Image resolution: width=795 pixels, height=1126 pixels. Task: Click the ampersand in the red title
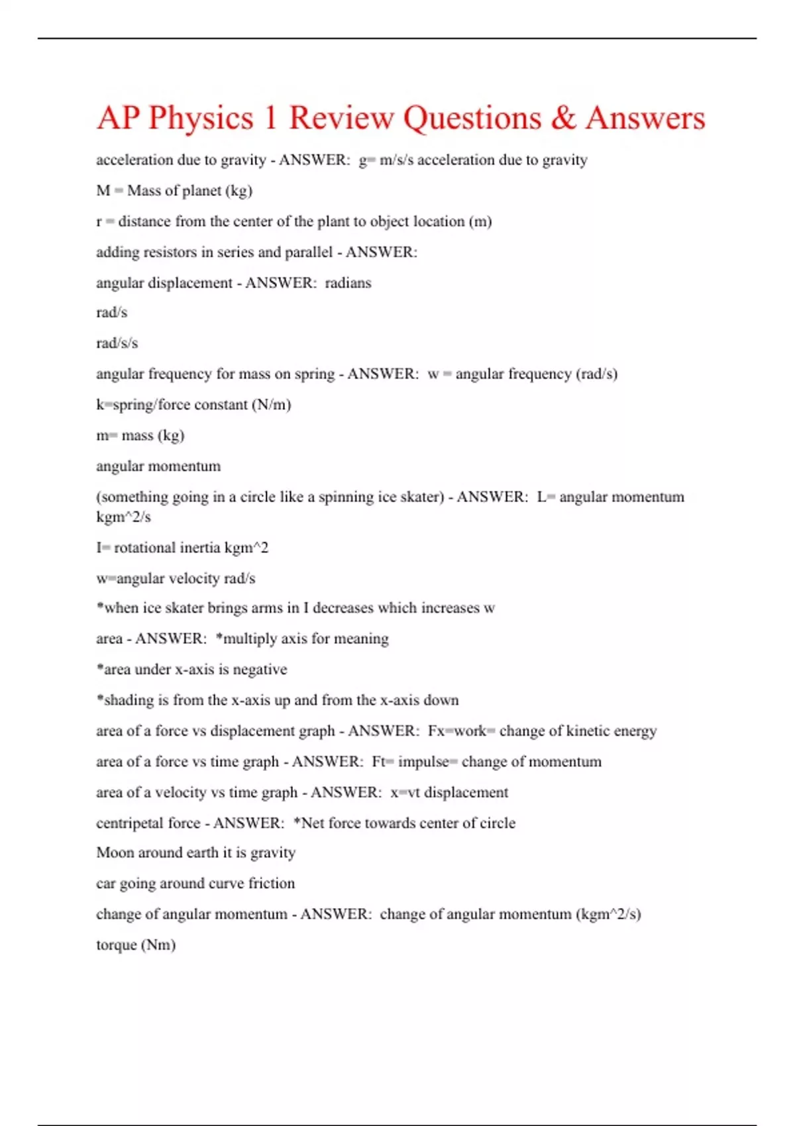click(x=562, y=119)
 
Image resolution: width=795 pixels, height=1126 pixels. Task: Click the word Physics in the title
click(x=201, y=119)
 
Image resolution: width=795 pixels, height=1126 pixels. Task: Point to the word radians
click(x=348, y=283)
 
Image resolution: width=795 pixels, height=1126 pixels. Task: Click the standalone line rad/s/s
click(x=117, y=343)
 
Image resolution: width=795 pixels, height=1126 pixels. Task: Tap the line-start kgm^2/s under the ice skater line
click(x=123, y=517)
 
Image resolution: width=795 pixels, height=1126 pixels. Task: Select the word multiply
click(x=252, y=639)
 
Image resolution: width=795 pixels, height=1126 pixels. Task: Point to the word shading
click(x=129, y=700)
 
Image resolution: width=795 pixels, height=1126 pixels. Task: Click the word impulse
click(x=423, y=762)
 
